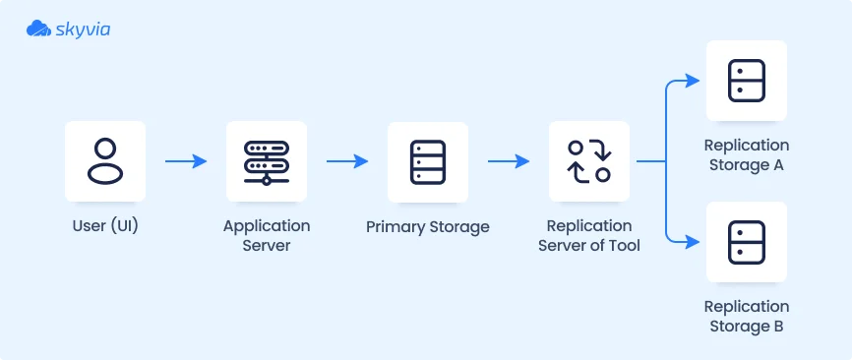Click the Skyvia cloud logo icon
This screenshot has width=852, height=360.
click(38, 29)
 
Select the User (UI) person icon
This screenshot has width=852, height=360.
click(105, 161)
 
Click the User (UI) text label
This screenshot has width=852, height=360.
click(105, 226)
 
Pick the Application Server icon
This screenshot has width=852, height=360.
click(267, 161)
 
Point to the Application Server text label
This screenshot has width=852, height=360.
click(267, 235)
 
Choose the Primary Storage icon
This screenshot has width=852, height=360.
click(428, 161)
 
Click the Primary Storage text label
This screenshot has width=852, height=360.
click(428, 226)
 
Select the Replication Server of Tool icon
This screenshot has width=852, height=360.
click(589, 161)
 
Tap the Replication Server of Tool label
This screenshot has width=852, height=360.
click(589, 235)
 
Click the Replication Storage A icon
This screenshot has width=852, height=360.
click(747, 81)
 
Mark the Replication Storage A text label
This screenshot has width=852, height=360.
click(747, 154)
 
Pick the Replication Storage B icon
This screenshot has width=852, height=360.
click(747, 242)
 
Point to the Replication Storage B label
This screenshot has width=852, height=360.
click(747, 316)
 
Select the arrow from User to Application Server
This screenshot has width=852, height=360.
click(186, 161)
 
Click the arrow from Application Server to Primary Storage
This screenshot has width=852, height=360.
click(347, 161)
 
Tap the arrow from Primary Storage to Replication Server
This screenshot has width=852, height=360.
click(509, 161)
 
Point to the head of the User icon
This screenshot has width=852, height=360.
click(105, 149)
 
